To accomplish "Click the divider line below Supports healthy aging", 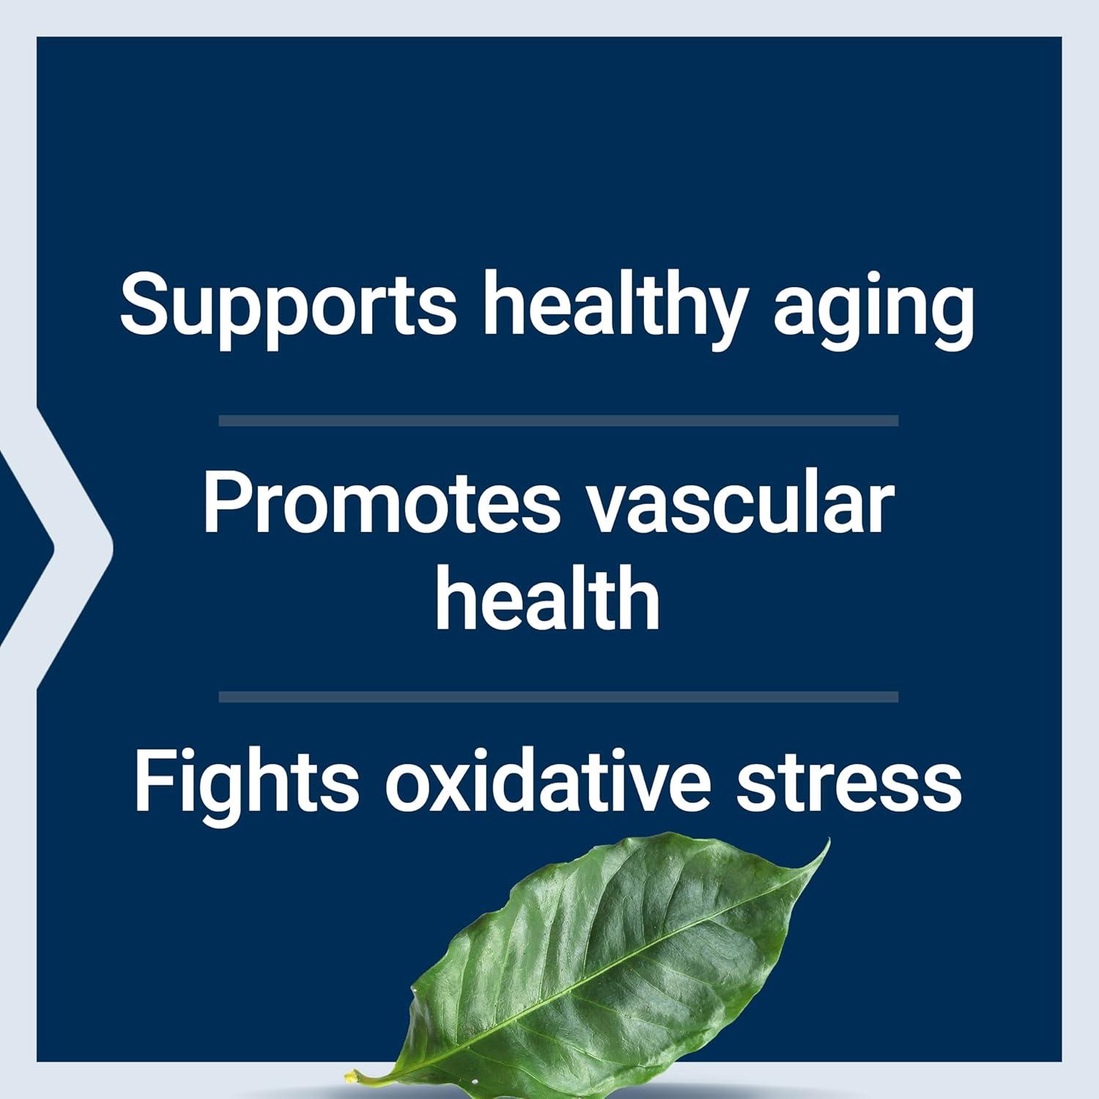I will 558,421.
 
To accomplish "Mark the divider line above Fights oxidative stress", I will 558,697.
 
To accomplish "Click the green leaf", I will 608,967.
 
